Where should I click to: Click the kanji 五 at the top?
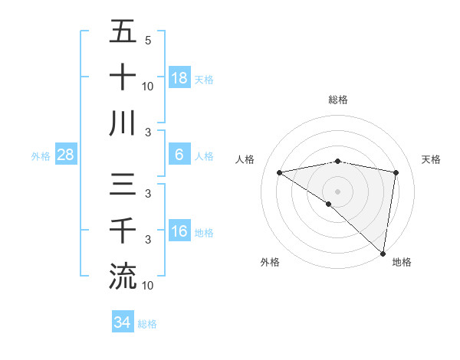[x=123, y=33]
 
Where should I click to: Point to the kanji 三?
[x=123, y=186]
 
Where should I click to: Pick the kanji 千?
[x=123, y=231]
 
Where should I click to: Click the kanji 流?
[x=123, y=276]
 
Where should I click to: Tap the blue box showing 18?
[x=179, y=77]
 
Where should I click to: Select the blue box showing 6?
[x=179, y=155]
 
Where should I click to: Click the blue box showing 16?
[x=179, y=231]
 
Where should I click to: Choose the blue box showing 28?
[x=66, y=155]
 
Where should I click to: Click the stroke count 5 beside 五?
[x=147, y=41]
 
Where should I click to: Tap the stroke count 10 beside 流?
[x=148, y=286]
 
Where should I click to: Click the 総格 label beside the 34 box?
[x=147, y=324]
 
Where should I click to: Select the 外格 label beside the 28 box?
[x=41, y=156]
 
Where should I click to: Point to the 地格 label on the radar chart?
[x=402, y=262]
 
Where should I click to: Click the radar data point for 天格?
[x=396, y=172]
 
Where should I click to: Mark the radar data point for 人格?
[x=279, y=172]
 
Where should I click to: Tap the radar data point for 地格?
[x=383, y=253]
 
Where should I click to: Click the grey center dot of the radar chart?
[x=337, y=191]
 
